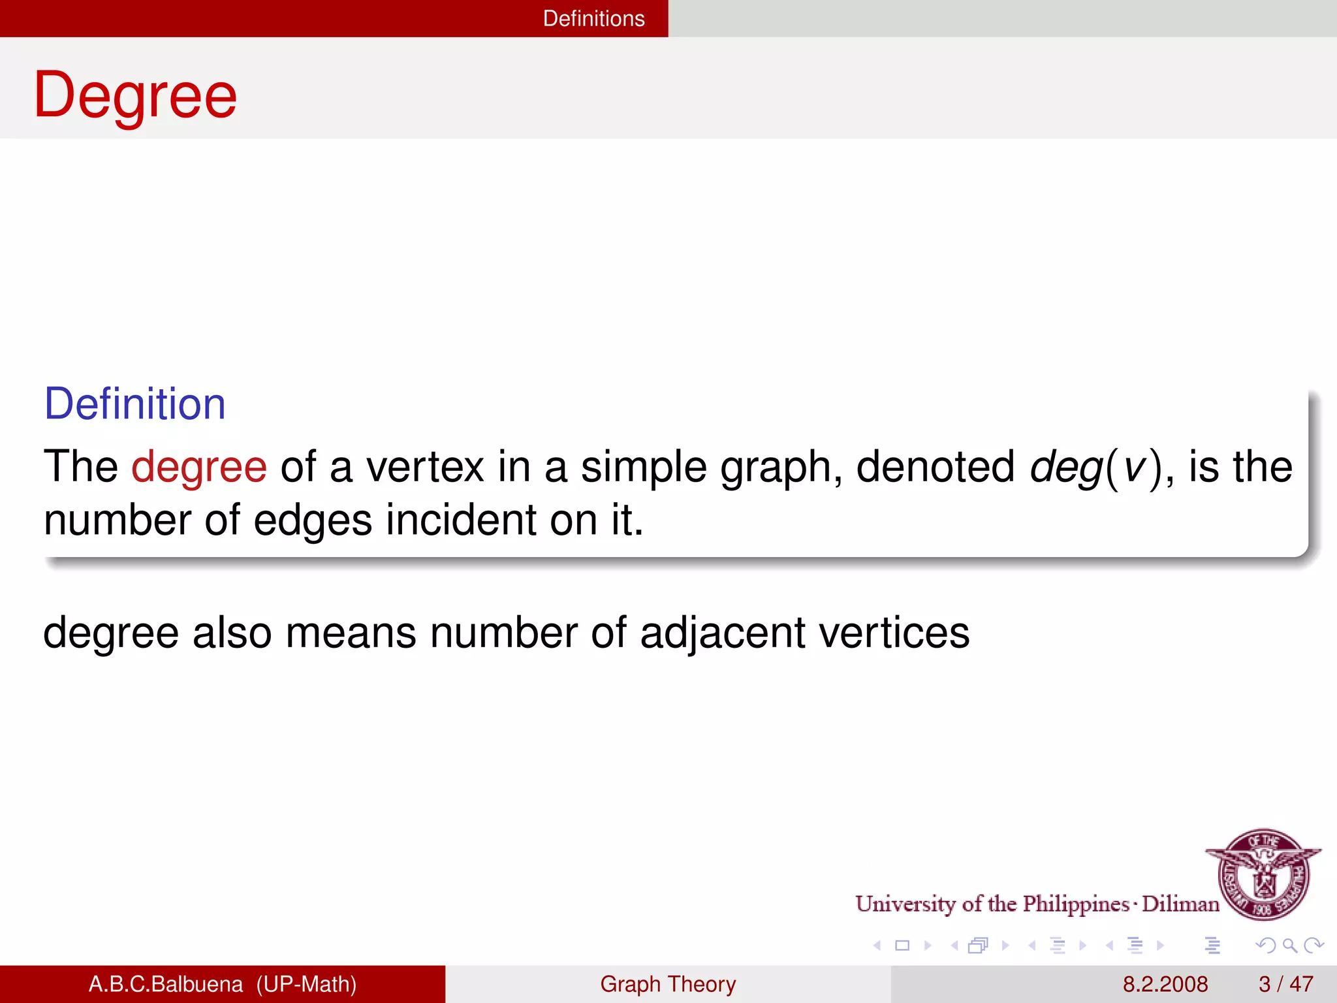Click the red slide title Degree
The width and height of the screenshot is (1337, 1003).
click(x=135, y=96)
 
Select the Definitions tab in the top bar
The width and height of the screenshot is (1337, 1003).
click(x=593, y=18)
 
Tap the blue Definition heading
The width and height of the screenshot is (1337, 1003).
click(x=134, y=404)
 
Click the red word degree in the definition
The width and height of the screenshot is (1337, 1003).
click(x=199, y=468)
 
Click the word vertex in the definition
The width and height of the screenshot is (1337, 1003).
click(x=425, y=468)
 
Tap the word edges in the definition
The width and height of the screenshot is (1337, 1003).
click(x=312, y=520)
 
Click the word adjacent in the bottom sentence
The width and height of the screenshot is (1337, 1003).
click(x=723, y=633)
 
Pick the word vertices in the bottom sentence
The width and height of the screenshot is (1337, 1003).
click(x=894, y=633)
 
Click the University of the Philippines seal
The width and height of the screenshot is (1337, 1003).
click(x=1264, y=874)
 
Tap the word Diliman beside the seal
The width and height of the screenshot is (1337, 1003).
click(x=1180, y=904)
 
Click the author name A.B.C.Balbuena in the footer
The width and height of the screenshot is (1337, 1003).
click(x=165, y=984)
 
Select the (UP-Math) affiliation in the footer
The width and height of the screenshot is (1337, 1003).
click(x=306, y=984)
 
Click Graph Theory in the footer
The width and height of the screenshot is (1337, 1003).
click(x=668, y=984)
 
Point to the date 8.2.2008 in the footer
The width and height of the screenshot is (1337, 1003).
click(x=1165, y=984)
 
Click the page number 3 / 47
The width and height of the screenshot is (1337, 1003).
click(x=1285, y=984)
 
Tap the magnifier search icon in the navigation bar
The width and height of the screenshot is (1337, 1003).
click(x=1289, y=945)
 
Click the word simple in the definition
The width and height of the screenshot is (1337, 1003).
click(x=644, y=468)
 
